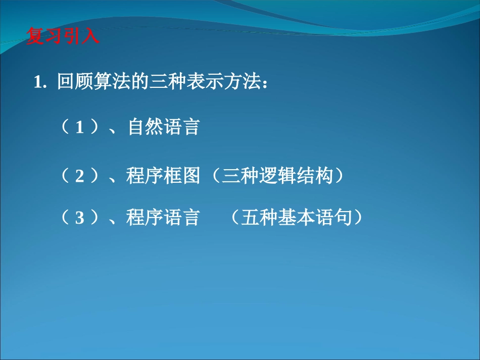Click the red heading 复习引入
pos(63,37)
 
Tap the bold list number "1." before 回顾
pos(40,83)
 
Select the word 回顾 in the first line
pos(75,82)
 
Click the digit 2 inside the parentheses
pos(79,176)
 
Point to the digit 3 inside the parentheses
pos(79,218)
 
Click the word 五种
pos(259,218)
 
